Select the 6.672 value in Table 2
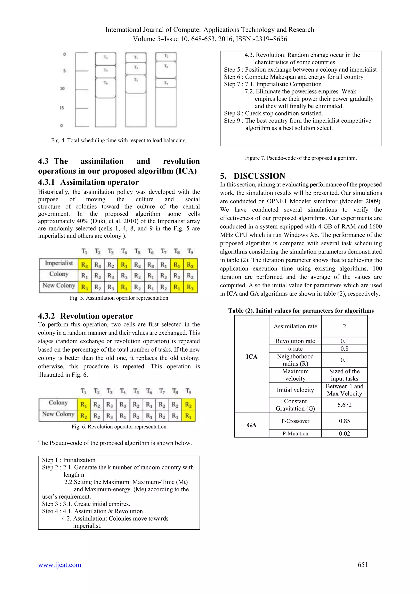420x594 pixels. click(344, 405)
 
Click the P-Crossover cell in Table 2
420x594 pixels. click(295, 421)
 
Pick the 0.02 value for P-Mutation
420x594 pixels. click(344, 434)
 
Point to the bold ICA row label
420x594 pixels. click(251, 357)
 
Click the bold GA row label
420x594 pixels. click(251, 425)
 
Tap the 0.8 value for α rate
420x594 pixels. click(344, 348)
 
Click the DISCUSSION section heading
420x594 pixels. click(259, 176)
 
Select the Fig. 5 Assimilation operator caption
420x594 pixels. click(119, 298)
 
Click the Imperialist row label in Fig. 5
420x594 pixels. click(59, 263)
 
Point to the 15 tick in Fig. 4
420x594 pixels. click(62, 108)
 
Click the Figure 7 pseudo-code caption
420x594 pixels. click(301, 158)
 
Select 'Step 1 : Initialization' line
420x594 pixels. click(69, 460)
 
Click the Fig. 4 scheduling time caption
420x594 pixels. click(119, 141)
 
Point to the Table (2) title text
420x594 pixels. click(301, 311)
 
